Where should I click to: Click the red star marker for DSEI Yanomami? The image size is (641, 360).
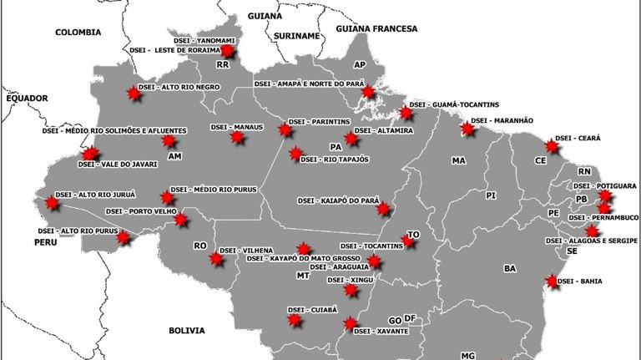(227, 52)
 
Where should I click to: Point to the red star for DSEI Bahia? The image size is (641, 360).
(552, 281)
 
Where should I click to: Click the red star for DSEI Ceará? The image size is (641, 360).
(549, 145)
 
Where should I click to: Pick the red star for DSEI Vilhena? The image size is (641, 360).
(216, 259)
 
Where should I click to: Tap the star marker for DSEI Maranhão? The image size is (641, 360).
(468, 129)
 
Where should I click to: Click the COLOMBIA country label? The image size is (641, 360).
(78, 32)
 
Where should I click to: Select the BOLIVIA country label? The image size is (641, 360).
(186, 331)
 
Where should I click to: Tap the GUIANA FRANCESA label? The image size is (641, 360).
(376, 28)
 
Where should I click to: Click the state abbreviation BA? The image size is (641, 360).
(511, 268)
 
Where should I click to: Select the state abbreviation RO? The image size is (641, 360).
(199, 246)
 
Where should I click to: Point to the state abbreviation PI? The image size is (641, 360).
(491, 195)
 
